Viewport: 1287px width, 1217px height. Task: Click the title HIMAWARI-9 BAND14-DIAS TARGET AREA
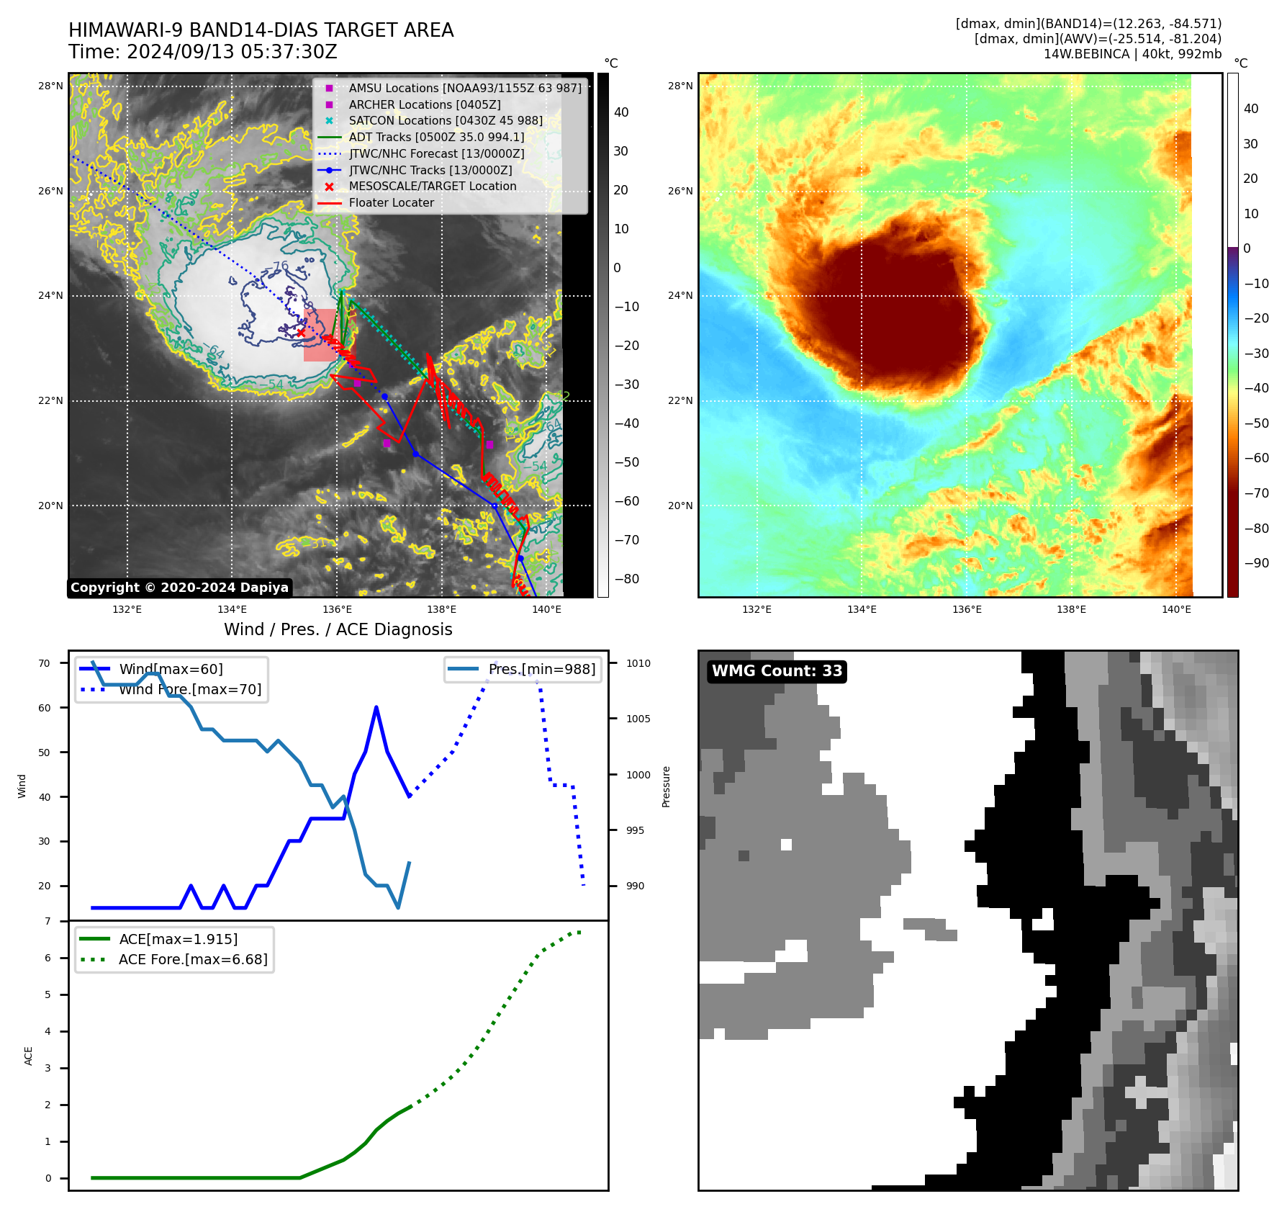[261, 30]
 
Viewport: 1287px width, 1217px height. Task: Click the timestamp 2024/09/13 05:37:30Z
[232, 52]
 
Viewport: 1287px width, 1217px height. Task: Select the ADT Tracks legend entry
[436, 137]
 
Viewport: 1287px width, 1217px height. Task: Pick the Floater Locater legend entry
[391, 203]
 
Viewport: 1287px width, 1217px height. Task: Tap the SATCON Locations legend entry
[445, 121]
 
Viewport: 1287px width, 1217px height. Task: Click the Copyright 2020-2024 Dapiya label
[179, 588]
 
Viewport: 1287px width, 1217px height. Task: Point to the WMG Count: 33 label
[777, 671]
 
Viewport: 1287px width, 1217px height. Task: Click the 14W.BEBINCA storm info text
[1132, 54]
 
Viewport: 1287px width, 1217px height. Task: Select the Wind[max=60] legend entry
[171, 669]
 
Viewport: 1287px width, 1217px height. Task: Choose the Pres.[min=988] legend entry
[541, 669]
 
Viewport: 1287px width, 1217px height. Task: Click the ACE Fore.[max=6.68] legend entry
[193, 959]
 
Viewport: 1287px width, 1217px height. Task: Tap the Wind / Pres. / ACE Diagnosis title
[338, 629]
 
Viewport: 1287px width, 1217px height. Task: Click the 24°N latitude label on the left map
[50, 295]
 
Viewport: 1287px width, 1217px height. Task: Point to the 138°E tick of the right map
[1071, 609]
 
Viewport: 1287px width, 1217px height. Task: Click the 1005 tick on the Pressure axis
[638, 719]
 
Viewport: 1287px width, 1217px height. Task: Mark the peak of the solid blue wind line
[376, 707]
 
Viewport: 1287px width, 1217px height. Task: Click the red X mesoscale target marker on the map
[301, 333]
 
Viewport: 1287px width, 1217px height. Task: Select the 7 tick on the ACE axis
[48, 921]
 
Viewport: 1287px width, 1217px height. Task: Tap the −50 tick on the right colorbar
[1256, 423]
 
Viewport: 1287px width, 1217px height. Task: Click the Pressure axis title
[666, 786]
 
